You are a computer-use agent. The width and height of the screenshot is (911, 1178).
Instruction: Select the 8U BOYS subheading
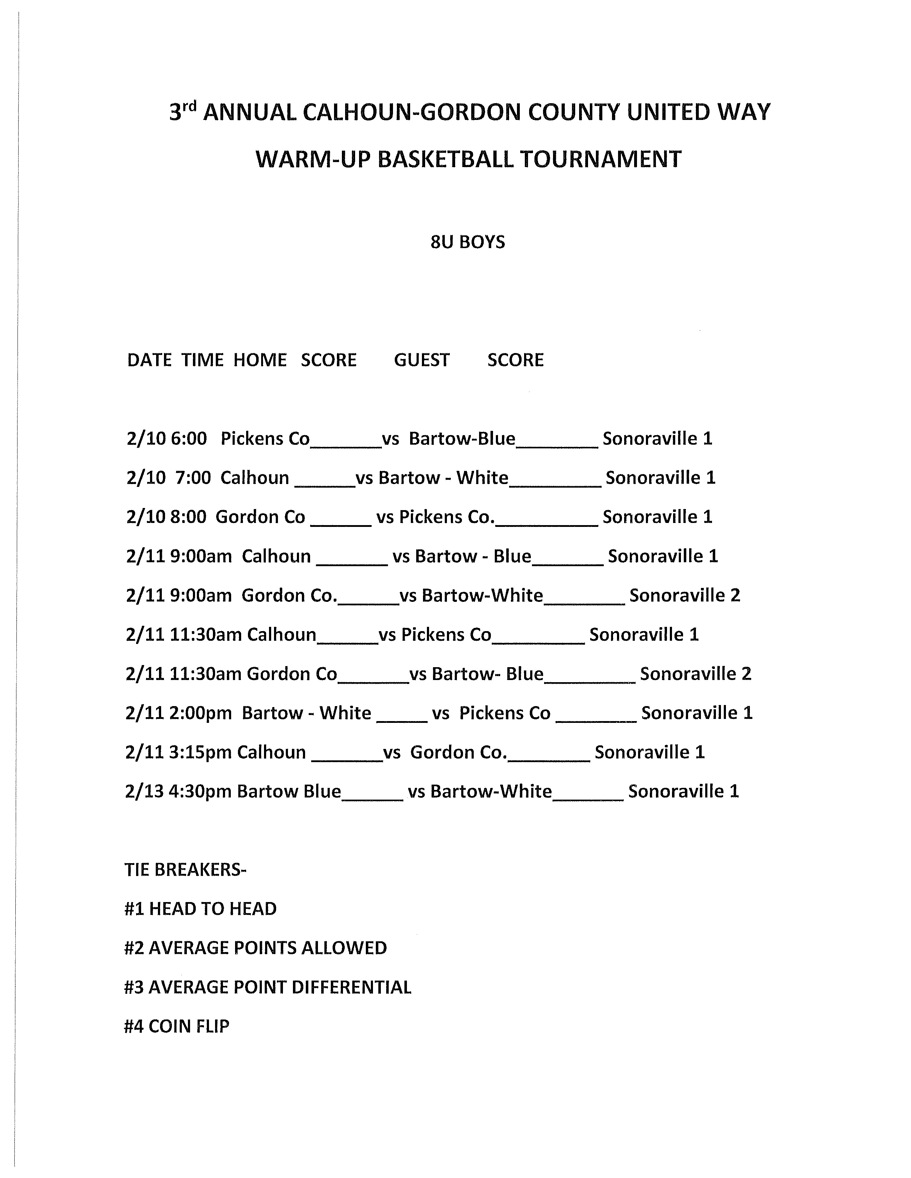467,242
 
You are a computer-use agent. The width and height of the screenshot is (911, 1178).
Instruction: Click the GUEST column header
422,360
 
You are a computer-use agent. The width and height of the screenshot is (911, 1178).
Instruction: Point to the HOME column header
260,360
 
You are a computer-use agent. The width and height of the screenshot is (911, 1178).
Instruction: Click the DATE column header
149,360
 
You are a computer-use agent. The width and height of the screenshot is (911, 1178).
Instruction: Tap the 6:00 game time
189,438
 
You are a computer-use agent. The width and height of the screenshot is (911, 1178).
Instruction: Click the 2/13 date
144,791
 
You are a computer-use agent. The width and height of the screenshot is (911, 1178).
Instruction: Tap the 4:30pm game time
200,791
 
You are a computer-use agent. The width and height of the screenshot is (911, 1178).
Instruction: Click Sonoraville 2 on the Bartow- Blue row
695,674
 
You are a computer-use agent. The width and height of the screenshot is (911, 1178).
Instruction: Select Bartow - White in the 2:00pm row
306,713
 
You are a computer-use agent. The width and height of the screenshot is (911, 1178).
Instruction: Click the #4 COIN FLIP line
176,1026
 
